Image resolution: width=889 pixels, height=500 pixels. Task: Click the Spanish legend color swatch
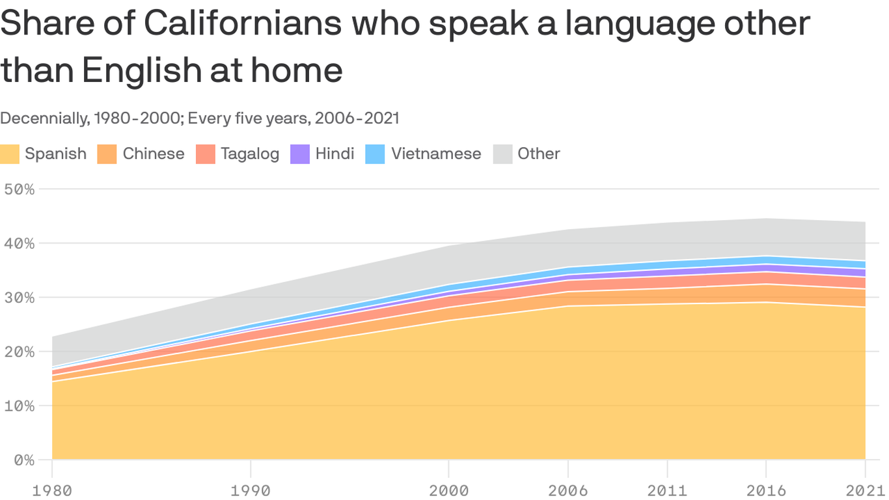click(10, 154)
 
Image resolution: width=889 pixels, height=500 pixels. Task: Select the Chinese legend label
click(153, 154)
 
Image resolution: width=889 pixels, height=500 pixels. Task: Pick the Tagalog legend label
click(250, 154)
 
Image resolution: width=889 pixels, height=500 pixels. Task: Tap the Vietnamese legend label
click(436, 154)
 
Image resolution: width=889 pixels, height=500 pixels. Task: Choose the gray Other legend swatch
click(502, 154)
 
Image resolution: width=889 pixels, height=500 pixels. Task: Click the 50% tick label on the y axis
click(19, 189)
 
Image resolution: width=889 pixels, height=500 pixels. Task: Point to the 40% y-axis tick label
click(19, 243)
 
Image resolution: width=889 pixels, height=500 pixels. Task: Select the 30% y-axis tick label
click(19, 298)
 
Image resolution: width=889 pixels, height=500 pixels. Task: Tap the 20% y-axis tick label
click(19, 352)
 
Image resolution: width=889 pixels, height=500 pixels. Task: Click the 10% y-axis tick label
click(19, 406)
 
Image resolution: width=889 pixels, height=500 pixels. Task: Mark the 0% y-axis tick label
click(23, 460)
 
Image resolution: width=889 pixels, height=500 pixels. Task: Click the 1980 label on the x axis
click(52, 490)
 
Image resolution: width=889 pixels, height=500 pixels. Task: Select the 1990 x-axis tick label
click(251, 490)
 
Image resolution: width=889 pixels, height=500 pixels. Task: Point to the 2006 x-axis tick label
click(568, 490)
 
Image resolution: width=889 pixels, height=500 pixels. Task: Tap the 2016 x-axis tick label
click(766, 490)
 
